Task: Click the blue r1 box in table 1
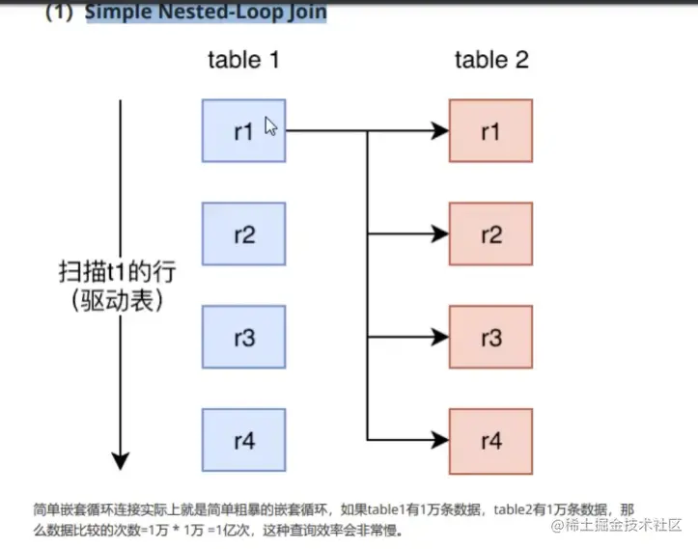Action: (x=243, y=130)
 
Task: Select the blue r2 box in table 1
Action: (x=243, y=234)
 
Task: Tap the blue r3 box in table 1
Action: (x=243, y=338)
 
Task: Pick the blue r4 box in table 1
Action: (x=243, y=441)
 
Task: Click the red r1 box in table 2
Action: (x=491, y=130)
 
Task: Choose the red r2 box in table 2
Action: (x=491, y=234)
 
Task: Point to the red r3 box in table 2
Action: (x=491, y=338)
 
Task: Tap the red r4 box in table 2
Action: (x=491, y=441)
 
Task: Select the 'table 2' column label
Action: (x=491, y=60)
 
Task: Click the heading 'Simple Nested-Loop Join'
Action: (x=206, y=13)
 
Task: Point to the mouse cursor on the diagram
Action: (x=270, y=126)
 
